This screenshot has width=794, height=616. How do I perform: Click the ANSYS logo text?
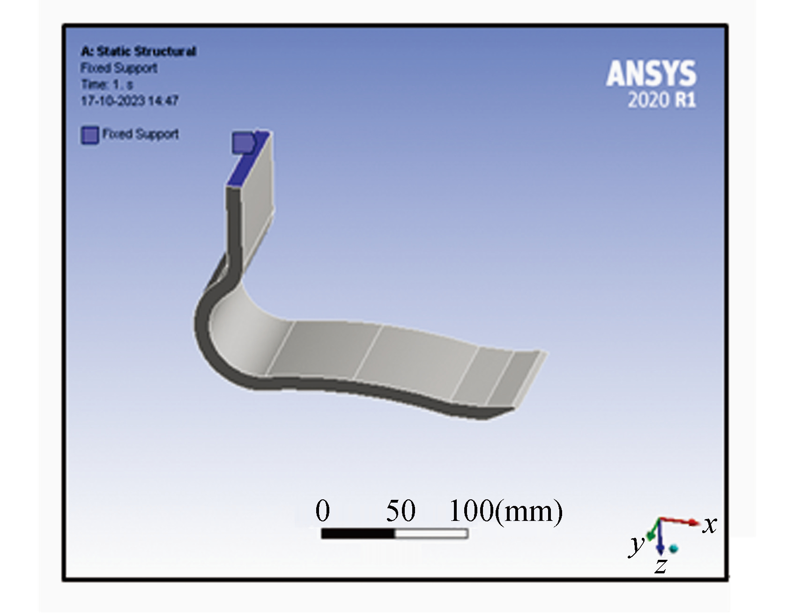(x=651, y=74)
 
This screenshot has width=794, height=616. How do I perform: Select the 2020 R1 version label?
(x=662, y=100)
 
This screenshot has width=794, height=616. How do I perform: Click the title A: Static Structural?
(x=138, y=51)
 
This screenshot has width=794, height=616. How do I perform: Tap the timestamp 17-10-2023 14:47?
(x=130, y=101)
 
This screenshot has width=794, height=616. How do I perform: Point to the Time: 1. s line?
(x=107, y=84)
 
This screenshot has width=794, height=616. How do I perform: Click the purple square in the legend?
(x=90, y=135)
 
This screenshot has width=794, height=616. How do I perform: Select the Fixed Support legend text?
(x=141, y=134)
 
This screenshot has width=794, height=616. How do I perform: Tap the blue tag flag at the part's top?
(x=243, y=142)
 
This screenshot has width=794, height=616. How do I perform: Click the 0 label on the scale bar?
(x=323, y=510)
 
